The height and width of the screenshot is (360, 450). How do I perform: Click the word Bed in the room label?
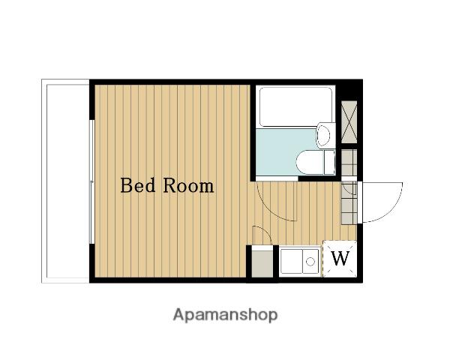[x=138, y=185]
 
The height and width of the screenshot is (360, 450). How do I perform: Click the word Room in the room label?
[x=188, y=186]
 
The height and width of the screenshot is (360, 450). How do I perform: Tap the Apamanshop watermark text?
[x=225, y=315]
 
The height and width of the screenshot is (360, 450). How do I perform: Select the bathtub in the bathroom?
[x=295, y=106]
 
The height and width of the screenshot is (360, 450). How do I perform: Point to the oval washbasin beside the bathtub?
[x=323, y=136]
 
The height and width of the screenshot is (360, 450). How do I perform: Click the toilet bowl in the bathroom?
[x=310, y=162]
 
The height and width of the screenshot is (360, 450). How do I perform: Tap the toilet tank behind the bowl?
[x=329, y=162]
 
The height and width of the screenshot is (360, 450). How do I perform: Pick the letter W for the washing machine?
[x=340, y=258]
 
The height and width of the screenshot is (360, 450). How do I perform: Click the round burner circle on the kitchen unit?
[x=310, y=262]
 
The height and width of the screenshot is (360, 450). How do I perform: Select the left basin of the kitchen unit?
[x=292, y=261]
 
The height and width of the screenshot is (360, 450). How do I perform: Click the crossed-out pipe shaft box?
[x=349, y=122]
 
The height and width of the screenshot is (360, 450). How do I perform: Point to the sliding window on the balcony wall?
[x=91, y=181]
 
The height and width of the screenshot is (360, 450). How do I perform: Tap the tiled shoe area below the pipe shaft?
[x=349, y=187]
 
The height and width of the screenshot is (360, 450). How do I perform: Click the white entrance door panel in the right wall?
[x=360, y=202]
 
